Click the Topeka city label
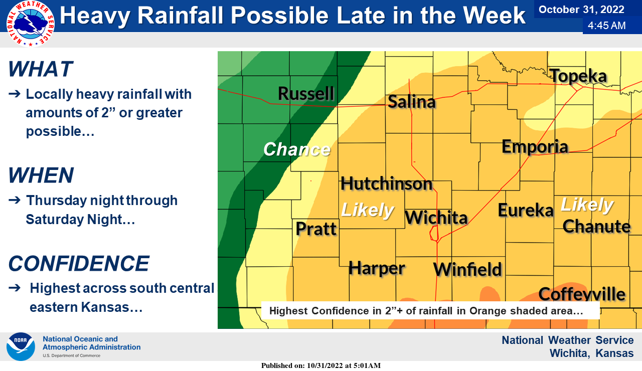(579, 76)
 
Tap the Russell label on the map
(306, 93)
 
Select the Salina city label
(412, 102)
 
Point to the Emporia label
(535, 146)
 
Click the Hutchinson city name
(386, 183)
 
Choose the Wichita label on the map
(436, 218)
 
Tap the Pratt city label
(316, 229)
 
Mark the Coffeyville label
(582, 294)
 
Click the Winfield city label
(467, 269)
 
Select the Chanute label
(596, 226)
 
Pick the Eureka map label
(525, 210)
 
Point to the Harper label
(377, 268)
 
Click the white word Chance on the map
(297, 149)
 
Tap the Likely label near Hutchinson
(367, 210)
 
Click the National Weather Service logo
(30, 24)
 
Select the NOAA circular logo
(21, 346)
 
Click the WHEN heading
(41, 175)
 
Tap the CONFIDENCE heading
(79, 264)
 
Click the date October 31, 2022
(581, 10)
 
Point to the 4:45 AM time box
(607, 26)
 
